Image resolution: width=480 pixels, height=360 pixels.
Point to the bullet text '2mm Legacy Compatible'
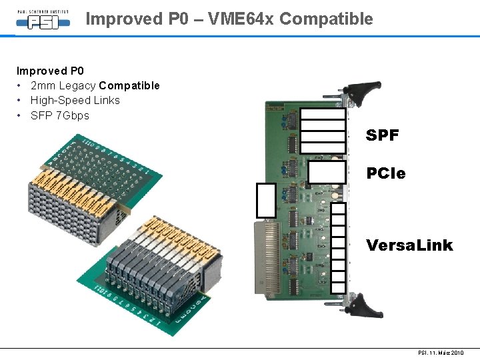click(95, 85)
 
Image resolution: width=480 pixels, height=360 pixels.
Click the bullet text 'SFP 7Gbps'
click(59, 115)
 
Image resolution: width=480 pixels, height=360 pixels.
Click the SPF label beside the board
click(383, 135)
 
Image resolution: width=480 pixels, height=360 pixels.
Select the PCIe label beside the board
click(385, 173)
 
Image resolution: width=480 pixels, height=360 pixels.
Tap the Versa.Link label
click(409, 245)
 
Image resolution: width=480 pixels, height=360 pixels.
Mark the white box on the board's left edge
click(266, 200)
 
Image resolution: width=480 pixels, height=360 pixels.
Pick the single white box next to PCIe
click(326, 172)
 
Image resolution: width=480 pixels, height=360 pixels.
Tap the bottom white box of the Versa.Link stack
click(339, 287)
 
